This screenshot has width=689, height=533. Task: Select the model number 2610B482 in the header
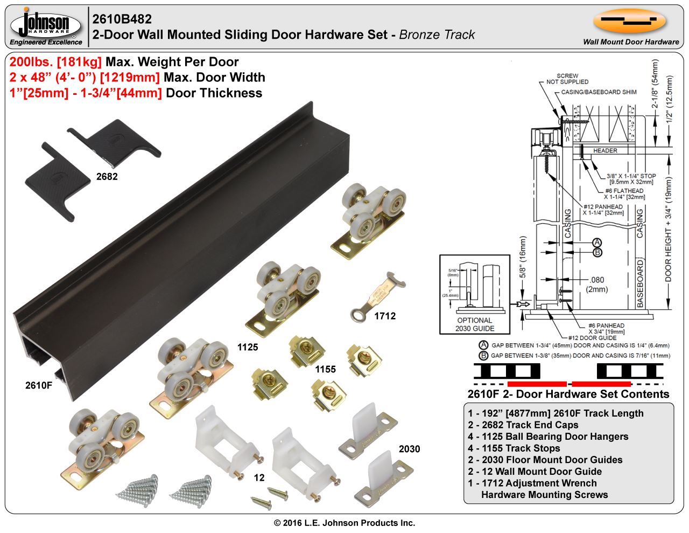[122, 19]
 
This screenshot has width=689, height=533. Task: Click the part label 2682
[107, 176]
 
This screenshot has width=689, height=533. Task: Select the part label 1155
[325, 369]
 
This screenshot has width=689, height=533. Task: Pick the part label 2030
[409, 449]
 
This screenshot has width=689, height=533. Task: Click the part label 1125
[248, 347]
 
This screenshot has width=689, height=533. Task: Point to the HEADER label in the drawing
[604, 150]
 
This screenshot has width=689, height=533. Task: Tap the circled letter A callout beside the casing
[597, 243]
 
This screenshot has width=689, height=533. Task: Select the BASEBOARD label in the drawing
[640, 283]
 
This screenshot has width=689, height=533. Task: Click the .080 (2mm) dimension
[597, 285]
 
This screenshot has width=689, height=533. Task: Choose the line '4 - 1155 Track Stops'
[514, 448]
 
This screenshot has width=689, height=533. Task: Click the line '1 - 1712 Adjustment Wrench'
[532, 483]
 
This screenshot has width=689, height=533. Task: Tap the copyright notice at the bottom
[344, 523]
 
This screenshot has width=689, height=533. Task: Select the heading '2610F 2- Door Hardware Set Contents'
[568, 394]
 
